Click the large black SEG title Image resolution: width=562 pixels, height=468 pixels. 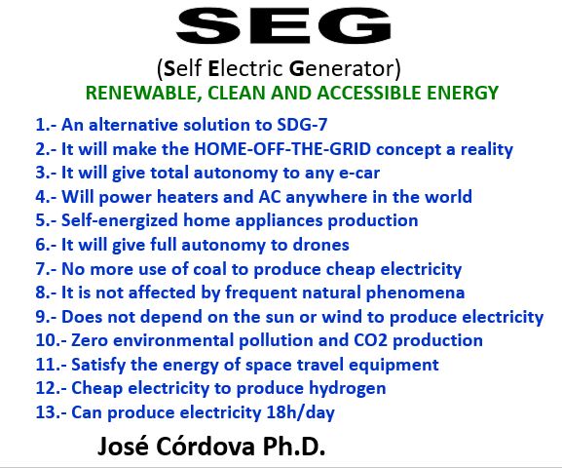pyautogui.click(x=283, y=25)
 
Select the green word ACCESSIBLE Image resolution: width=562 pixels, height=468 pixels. pyautogui.click(x=368, y=93)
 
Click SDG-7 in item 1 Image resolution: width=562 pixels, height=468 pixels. pyautogui.click(x=302, y=125)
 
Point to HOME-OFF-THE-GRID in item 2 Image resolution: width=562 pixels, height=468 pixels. pyautogui.click(x=282, y=148)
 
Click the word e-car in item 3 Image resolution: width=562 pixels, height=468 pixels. pyautogui.click(x=359, y=173)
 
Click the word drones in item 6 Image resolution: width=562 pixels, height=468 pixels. pyautogui.click(x=320, y=245)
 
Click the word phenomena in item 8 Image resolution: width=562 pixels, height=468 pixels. pyautogui.click(x=415, y=292)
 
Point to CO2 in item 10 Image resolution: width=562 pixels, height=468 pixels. pyautogui.click(x=370, y=340)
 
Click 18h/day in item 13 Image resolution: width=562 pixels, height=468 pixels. pyautogui.click(x=300, y=412)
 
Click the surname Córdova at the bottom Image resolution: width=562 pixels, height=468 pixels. pyautogui.click(x=206, y=447)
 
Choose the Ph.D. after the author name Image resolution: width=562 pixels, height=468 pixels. pyautogui.click(x=294, y=447)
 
